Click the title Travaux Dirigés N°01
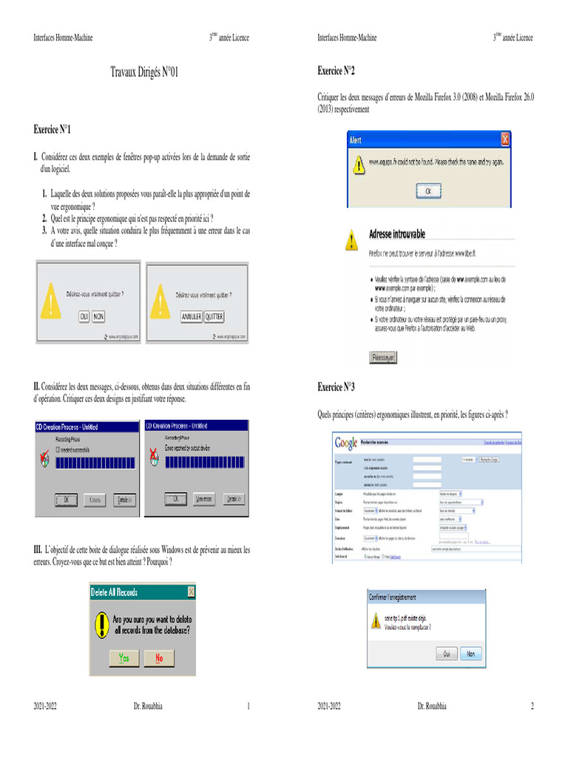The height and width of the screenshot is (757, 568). point(144,72)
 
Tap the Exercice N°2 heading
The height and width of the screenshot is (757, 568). point(336,71)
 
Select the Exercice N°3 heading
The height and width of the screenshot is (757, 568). point(336,387)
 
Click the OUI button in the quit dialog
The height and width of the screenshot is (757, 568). point(84,316)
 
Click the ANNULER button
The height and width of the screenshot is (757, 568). point(190,316)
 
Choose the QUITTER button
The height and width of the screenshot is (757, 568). point(214,316)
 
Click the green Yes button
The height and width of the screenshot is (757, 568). point(124,657)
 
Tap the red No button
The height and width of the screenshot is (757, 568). point(159,657)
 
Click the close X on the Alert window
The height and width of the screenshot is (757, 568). point(505,139)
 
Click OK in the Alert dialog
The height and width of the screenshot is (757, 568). point(427,190)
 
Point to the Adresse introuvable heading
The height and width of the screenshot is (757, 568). point(397,234)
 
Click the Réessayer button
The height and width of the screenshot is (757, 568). point(382,357)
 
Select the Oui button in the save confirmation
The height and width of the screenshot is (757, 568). point(446,654)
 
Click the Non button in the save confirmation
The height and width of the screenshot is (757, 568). point(470,654)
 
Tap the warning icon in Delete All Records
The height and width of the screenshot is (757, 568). point(101,625)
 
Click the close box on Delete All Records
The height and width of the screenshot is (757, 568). point(191,591)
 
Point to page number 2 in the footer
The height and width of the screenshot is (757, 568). point(532,707)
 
